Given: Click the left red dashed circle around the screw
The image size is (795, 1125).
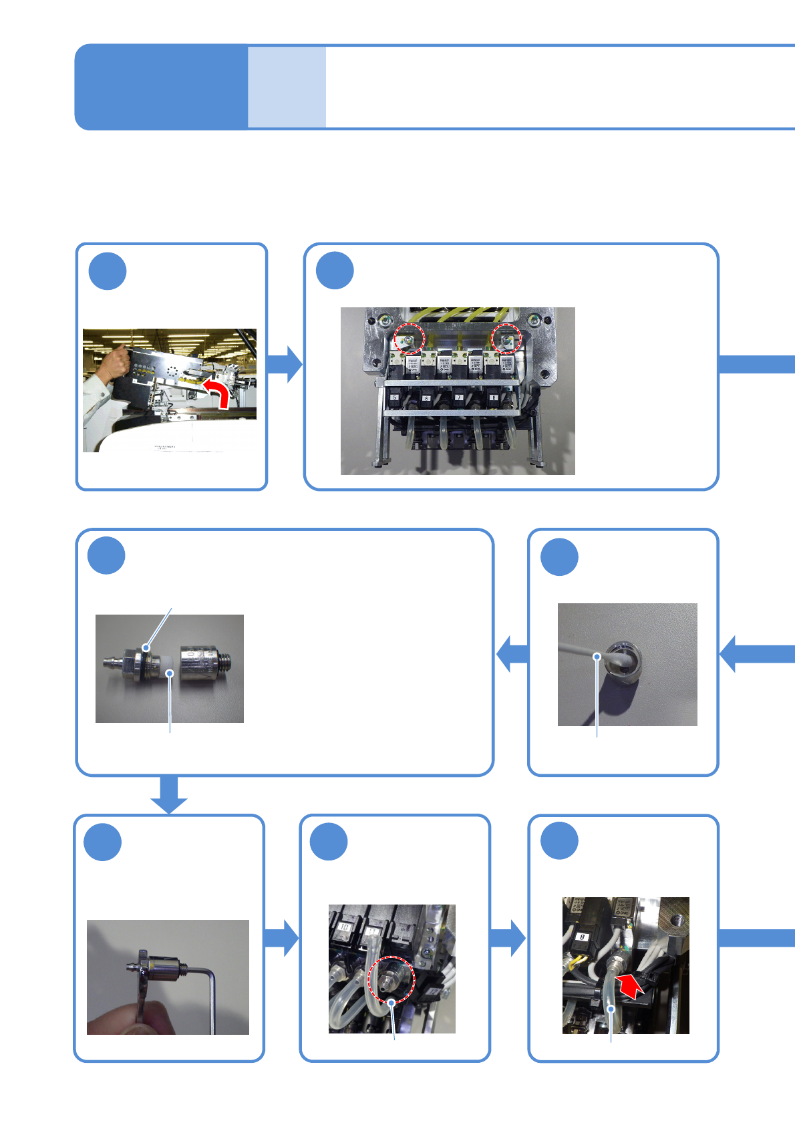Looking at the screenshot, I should point(408,339).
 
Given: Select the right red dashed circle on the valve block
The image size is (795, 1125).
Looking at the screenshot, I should point(506,339).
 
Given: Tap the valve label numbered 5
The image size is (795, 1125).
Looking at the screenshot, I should point(395,397).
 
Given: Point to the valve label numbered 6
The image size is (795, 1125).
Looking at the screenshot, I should point(426,398).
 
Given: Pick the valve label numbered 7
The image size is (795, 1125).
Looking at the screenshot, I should point(459,397).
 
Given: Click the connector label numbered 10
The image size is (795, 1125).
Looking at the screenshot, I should point(345,927).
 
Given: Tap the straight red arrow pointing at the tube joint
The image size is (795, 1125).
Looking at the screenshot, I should point(631,985).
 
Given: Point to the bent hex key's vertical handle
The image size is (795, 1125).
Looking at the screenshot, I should point(213,1002).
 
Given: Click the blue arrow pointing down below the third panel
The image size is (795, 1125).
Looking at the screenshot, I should point(169,795).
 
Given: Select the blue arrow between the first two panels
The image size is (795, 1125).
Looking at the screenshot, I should point(285,365).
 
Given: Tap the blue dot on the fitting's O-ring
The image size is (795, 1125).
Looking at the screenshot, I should point(146,647).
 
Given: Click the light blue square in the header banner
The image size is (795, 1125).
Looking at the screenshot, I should point(287,87).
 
